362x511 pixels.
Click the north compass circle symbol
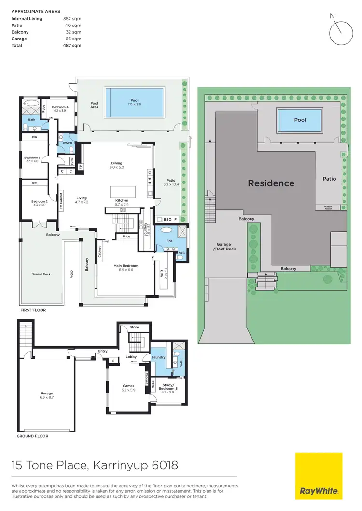click(342, 32)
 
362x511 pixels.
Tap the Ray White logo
click(319, 476)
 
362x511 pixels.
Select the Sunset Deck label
click(42, 274)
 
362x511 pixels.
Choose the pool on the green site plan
click(300, 120)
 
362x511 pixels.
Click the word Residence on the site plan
click(271, 183)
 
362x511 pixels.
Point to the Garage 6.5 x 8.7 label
click(47, 395)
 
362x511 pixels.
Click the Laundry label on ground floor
click(158, 357)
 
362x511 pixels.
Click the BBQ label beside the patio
click(167, 219)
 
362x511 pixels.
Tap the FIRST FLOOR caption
click(32, 310)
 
